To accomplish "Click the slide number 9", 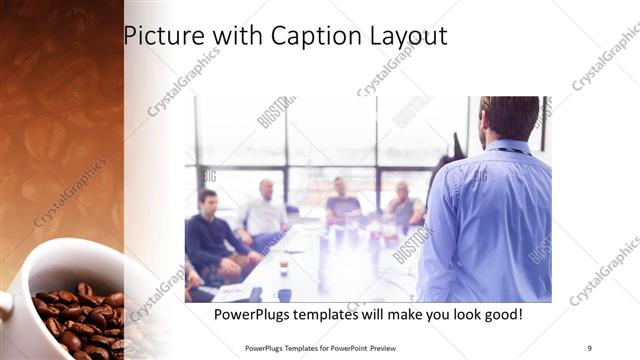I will coord(589,347).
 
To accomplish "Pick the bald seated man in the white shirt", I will coord(264,212).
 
